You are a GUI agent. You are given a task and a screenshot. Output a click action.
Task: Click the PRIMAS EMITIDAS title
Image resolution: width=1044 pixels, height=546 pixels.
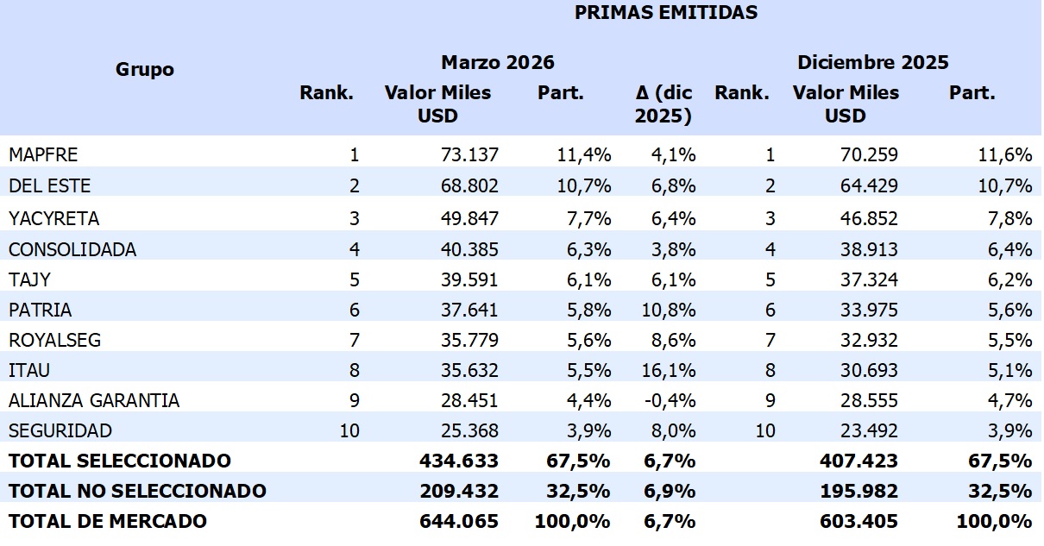665,12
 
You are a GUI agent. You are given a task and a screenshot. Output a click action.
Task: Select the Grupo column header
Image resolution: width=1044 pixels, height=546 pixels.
145,70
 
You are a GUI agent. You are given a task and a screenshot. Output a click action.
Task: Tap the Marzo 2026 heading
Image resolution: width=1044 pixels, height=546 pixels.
497,62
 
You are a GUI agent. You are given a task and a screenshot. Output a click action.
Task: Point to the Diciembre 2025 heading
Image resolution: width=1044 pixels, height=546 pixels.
872,62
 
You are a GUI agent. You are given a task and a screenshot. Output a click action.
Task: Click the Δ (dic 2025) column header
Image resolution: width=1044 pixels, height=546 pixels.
663,104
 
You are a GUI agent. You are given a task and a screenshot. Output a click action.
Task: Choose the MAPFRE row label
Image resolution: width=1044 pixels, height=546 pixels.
43,155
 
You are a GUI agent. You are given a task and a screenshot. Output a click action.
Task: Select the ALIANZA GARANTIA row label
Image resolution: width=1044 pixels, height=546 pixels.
94,400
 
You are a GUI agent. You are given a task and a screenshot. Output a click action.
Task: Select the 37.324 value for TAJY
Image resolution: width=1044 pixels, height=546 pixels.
869,279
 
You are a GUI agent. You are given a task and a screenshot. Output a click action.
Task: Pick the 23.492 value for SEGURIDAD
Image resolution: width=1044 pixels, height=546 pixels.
869,430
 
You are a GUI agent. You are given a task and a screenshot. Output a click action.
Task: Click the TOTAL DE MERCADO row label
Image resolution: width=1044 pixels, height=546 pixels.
108,521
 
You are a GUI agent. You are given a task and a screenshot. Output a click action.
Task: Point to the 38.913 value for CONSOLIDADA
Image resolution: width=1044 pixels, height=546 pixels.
869,249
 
